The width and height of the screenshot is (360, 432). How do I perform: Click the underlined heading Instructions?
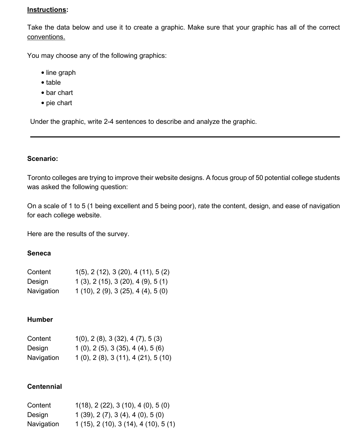coord(47,10)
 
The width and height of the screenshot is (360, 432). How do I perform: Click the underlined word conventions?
coord(46,37)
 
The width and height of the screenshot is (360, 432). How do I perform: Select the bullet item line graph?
coord(61,72)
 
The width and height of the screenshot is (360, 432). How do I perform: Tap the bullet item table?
coord(53,82)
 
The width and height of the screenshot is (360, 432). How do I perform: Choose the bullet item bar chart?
coord(59,93)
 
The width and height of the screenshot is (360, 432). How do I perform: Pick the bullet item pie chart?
coord(59,103)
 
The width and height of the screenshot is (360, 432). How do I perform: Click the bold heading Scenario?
coord(42,159)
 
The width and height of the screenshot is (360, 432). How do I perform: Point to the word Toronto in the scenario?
coord(39,178)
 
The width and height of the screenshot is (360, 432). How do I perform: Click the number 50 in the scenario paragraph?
coord(259,178)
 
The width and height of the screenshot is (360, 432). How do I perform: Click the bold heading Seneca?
coord(39,253)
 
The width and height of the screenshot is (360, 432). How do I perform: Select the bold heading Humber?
coord(40,319)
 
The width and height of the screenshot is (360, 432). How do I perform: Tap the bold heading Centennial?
coord(45,386)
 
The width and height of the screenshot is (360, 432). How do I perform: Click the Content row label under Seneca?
coord(39,272)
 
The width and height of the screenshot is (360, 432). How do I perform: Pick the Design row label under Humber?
coord(38,348)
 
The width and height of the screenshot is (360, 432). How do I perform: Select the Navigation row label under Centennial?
coord(43,424)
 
